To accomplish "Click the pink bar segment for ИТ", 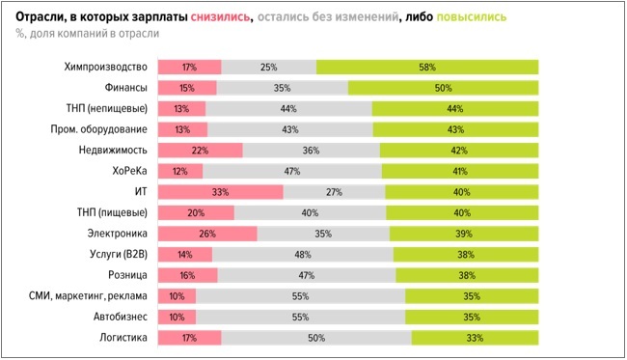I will coord(220,192).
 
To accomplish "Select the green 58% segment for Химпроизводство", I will coord(427,67).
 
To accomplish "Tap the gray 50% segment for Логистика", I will coord(315,338).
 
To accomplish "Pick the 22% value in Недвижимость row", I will coord(200,151).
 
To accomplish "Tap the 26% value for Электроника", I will coord(207,234).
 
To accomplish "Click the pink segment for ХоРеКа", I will coord(179,171).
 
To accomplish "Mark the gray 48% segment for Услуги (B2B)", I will coord(301,255).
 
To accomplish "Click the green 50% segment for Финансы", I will coord(444,88).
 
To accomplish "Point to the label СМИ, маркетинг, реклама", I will coord(86,296).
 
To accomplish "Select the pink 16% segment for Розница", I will coord(187,275).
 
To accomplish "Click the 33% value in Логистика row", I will coord(475,338).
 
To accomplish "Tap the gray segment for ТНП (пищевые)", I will coord(310,213).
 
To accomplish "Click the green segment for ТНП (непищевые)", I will coord(455,108).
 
